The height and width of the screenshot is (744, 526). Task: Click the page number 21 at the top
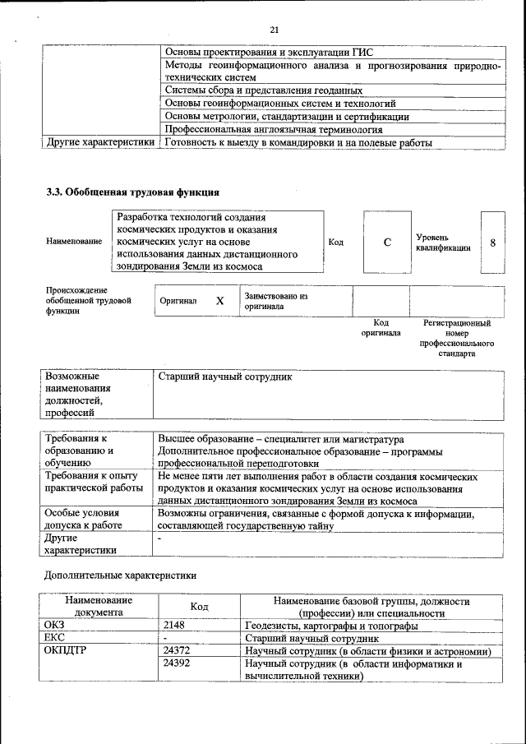(275, 30)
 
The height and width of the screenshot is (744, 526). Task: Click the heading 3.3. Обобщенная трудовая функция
(132, 192)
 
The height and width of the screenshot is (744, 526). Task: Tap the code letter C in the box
(386, 242)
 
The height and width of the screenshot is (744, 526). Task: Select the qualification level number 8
(492, 243)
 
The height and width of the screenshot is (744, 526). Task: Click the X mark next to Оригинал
(219, 301)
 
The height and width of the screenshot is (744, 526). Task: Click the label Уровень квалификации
(443, 242)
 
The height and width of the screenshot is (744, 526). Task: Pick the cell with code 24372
(178, 651)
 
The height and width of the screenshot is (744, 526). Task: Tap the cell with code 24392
(178, 663)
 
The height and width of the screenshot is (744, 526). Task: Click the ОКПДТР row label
(66, 651)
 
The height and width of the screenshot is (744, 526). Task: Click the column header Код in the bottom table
(199, 607)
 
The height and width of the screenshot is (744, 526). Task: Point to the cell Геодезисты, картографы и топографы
(331, 626)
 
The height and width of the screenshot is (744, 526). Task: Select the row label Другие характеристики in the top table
(100, 142)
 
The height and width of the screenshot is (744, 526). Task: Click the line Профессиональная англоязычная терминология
(274, 129)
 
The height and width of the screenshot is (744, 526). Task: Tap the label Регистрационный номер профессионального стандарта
(456, 339)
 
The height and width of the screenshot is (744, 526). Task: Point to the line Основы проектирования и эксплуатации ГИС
(258, 51)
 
